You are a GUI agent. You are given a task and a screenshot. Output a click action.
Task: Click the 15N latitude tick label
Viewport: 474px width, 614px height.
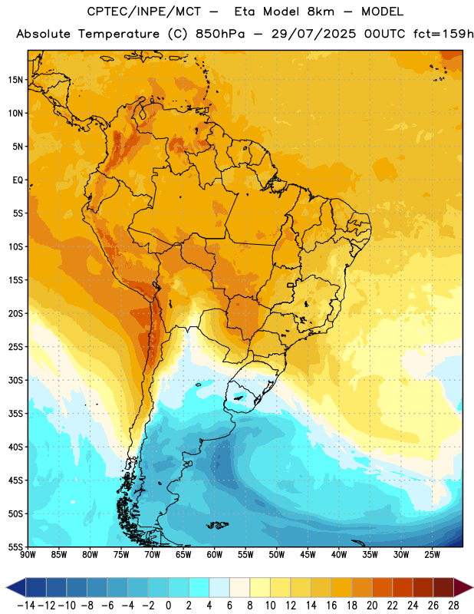coord(15,80)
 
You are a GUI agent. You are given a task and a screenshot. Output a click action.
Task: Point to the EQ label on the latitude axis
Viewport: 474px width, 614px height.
coord(18,180)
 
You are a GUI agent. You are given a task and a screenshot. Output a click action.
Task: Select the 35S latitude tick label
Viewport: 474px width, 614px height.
coord(15,414)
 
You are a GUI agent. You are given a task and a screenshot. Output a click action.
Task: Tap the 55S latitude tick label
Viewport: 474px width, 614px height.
coord(15,546)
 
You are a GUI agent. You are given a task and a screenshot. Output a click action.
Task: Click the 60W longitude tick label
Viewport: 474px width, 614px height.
coord(215,555)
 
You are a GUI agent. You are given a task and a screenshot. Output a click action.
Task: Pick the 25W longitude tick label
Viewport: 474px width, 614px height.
coord(432,555)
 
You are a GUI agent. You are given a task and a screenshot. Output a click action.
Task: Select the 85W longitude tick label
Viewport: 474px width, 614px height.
coord(59,555)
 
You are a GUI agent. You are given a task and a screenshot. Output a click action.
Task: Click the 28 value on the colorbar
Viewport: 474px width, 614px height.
coord(453,606)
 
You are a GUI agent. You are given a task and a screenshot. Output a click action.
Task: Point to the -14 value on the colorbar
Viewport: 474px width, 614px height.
coord(27,606)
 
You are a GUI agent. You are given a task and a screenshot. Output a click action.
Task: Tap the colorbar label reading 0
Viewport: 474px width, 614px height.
coord(169,606)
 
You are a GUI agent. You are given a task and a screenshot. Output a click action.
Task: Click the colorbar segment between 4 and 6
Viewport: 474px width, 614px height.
coord(219,588)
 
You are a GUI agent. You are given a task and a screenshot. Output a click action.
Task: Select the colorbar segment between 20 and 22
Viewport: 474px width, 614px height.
coord(382,588)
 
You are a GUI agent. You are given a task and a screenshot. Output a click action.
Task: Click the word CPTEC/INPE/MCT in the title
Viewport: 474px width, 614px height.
coord(144,12)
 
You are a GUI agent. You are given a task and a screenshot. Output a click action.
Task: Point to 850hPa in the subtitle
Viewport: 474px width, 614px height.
coord(220,34)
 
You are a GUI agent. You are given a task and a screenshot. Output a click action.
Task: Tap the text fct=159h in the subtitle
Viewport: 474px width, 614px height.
coord(443,34)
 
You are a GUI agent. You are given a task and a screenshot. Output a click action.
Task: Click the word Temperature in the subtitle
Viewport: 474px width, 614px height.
coord(119,34)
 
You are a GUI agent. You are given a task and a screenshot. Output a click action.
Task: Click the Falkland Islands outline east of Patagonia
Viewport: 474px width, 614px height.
coord(217,525)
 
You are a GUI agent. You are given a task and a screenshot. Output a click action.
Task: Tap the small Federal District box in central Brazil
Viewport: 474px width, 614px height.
coord(291,285)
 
